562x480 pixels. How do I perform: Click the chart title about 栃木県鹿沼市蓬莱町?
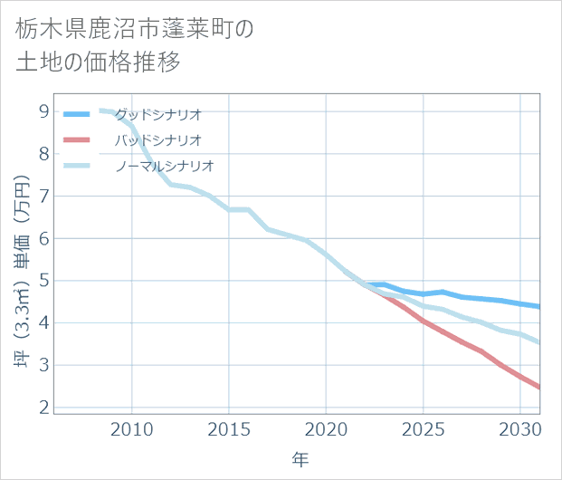135,45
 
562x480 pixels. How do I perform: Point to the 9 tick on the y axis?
43,111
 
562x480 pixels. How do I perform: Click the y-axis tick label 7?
43,197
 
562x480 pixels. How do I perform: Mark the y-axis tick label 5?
43,281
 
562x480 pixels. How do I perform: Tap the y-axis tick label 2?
43,408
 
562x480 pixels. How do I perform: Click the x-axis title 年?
300,459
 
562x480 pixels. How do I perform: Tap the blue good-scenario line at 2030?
519,303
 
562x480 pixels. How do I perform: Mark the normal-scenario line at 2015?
229,209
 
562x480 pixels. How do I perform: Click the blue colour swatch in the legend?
76,114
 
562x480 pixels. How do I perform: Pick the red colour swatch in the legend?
76,140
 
